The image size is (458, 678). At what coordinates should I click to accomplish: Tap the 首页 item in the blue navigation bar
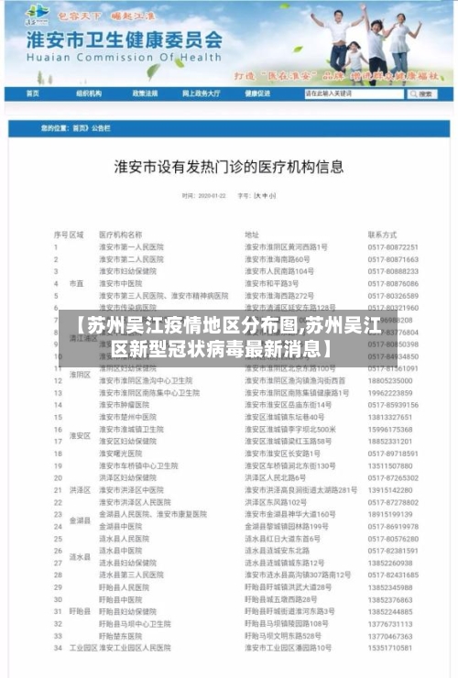[x=33, y=93]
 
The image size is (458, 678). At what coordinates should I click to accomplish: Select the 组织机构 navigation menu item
[x=89, y=93]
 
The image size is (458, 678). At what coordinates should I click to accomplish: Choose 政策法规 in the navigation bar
[x=145, y=93]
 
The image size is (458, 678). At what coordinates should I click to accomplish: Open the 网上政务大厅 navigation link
[x=201, y=93]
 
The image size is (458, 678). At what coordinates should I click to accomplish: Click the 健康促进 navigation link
[x=257, y=93]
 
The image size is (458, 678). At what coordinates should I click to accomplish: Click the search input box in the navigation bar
[x=353, y=93]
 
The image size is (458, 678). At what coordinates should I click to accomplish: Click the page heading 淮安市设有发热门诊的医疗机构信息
[x=229, y=168]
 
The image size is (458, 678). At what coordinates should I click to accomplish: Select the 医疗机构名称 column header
[x=120, y=235]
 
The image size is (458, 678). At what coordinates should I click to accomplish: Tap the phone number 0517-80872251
[x=393, y=247]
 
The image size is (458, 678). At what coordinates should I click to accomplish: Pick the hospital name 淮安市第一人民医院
[x=131, y=247]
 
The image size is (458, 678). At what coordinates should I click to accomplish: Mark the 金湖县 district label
[x=80, y=519]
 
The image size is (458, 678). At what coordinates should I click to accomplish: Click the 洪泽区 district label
[x=80, y=489]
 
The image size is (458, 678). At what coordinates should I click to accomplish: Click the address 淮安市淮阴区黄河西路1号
[x=286, y=247]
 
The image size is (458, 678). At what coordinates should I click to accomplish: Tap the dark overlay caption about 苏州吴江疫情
[x=229, y=336]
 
